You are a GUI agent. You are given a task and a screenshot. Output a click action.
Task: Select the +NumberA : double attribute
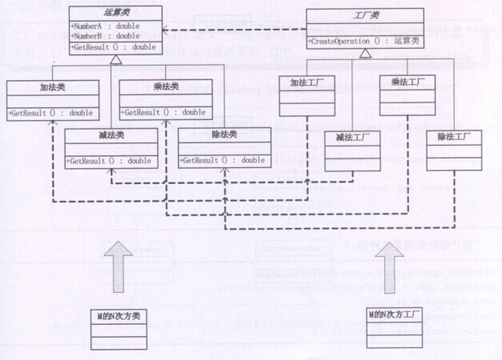pyautogui.click(x=104, y=26)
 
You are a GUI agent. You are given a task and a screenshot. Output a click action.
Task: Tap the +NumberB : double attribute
pyautogui.click(x=104, y=36)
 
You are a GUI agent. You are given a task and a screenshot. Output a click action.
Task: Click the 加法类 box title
pyautogui.click(x=53, y=87)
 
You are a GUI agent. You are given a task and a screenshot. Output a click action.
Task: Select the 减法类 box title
pyautogui.click(x=110, y=135)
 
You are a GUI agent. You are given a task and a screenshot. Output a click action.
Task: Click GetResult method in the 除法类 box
pyautogui.click(x=223, y=160)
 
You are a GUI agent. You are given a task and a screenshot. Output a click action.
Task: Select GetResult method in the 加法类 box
pyautogui.click(x=51, y=113)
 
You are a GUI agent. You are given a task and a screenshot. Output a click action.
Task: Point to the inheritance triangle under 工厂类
pyautogui.click(x=365, y=53)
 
